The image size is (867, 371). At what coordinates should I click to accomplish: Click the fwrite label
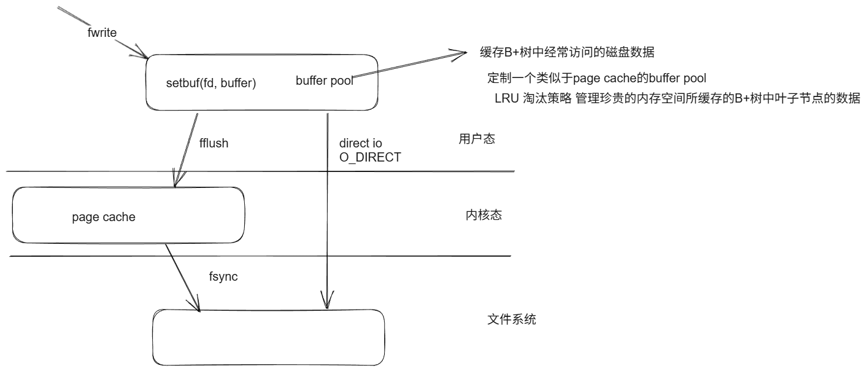coord(102,33)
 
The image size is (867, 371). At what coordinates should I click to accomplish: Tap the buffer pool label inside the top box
coord(324,80)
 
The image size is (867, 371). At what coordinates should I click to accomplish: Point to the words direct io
coord(361,143)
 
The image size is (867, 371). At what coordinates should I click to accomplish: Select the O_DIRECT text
coord(370,157)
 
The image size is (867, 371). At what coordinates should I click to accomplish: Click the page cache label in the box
coord(104,217)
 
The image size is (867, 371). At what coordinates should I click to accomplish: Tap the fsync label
coord(223,277)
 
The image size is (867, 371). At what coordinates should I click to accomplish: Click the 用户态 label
coord(477,139)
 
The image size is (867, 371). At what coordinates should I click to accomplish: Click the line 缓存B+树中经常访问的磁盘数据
coord(567,53)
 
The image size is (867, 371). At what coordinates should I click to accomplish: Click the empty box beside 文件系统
coord(268,337)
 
